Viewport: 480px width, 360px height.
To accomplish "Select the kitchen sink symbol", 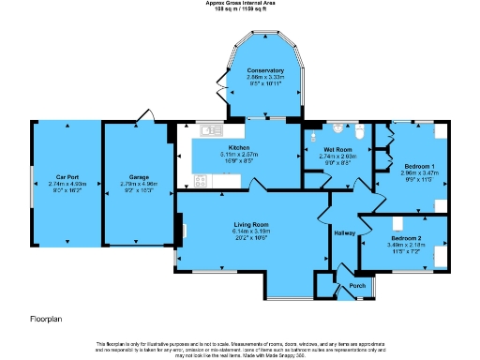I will (x=207, y=129).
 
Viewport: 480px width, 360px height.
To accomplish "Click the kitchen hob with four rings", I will (x=200, y=179).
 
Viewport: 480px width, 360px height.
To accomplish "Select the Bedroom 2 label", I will (x=406, y=239).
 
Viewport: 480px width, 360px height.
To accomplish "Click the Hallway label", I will (x=345, y=233).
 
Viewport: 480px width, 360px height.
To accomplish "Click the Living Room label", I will (x=251, y=225).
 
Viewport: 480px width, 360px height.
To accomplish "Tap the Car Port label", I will (x=66, y=177).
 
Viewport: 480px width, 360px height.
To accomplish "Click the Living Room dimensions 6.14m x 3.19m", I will (x=251, y=232).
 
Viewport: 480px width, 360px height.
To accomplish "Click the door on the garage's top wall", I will (x=142, y=116).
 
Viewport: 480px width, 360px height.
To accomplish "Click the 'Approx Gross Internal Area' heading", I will (x=240, y=3).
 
